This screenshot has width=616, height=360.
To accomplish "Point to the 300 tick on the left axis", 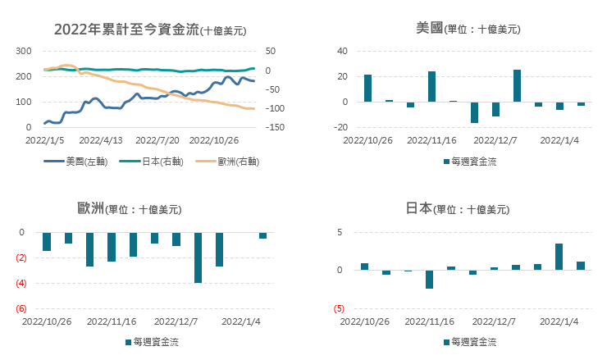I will (x=24, y=51).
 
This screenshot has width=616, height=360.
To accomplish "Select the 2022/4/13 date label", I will (x=101, y=140).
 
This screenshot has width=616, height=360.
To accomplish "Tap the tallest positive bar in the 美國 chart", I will (x=518, y=86).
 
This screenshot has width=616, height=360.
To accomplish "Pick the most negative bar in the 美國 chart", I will (x=474, y=112).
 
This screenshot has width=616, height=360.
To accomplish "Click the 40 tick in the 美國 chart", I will (x=343, y=51).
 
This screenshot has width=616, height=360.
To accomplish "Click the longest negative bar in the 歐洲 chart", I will (x=198, y=257).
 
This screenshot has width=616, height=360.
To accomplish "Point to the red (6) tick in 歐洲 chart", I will (x=21, y=308).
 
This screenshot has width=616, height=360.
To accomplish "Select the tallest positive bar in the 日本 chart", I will (x=559, y=257).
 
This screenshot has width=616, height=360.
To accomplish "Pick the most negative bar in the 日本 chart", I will (x=429, y=279).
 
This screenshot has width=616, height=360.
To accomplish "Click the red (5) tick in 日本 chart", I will (x=338, y=308).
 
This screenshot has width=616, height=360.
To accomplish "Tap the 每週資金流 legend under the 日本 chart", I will (x=470, y=341).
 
